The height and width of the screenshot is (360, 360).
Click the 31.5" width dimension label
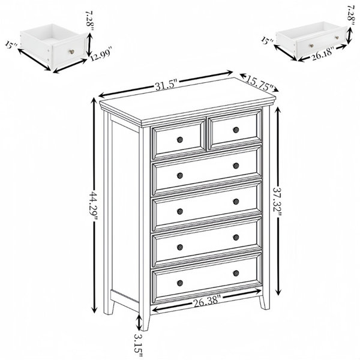166,85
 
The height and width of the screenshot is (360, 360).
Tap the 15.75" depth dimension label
260,83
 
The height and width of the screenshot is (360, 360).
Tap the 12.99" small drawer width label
101,54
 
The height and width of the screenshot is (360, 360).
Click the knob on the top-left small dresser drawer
180,140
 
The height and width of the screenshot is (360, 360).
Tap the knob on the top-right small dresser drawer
236,130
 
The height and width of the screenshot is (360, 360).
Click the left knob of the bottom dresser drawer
180,283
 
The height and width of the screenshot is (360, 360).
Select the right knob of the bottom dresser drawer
236,273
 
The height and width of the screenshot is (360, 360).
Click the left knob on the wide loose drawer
312,46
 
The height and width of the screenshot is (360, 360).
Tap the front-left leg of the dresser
144,320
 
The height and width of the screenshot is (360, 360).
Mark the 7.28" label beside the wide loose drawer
351,13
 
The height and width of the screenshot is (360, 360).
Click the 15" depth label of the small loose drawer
11,46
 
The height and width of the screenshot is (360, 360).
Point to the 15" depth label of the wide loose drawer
268,41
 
